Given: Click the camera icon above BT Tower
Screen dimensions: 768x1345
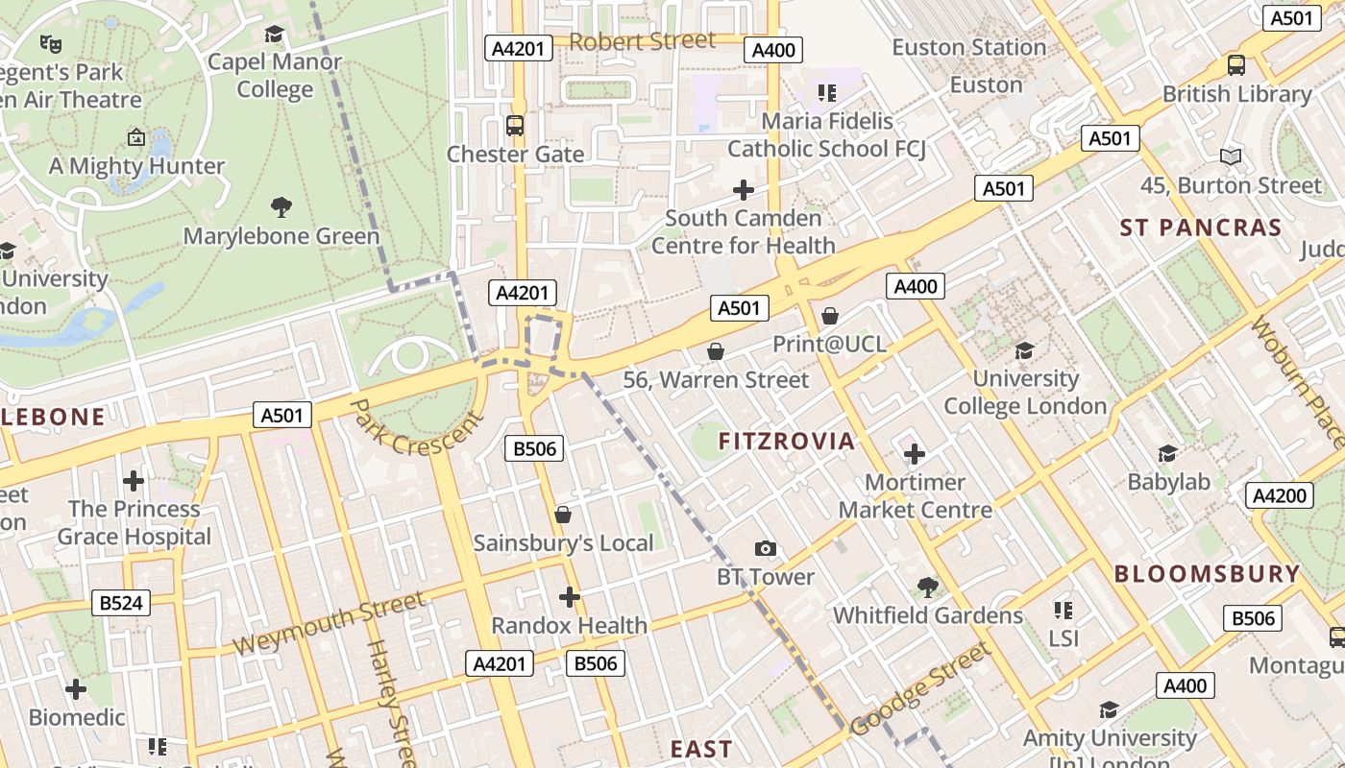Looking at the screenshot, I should (765, 548).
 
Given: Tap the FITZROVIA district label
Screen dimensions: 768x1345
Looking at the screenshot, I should (787, 442).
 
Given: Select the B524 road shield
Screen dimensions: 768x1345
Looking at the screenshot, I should (120, 603).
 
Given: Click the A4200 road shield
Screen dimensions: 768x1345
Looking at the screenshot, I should (1279, 495).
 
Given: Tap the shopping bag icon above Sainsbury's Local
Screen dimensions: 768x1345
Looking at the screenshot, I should (563, 516).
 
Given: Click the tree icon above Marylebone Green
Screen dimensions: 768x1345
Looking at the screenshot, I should (281, 206).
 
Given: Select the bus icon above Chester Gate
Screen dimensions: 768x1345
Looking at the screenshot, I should (515, 125).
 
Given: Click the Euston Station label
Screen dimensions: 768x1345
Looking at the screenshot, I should (968, 47).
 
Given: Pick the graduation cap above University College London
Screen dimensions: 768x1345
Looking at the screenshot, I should (1025, 350).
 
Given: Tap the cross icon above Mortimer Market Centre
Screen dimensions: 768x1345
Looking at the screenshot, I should (915, 453).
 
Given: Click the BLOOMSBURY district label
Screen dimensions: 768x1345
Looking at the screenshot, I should (1207, 574).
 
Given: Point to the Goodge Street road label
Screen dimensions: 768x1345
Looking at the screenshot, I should (919, 689).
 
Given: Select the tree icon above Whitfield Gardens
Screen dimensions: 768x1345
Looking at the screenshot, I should (927, 587).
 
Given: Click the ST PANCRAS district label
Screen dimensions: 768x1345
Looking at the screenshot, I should (1201, 228).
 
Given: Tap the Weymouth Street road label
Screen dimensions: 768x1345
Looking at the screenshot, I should (329, 624).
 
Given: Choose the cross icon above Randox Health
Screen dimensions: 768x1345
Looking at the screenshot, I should (569, 597).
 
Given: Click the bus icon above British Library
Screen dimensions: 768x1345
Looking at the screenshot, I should (1236, 65).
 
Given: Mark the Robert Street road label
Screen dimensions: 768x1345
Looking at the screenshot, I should (643, 41).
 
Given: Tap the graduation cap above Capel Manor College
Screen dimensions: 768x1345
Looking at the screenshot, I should (275, 35).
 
